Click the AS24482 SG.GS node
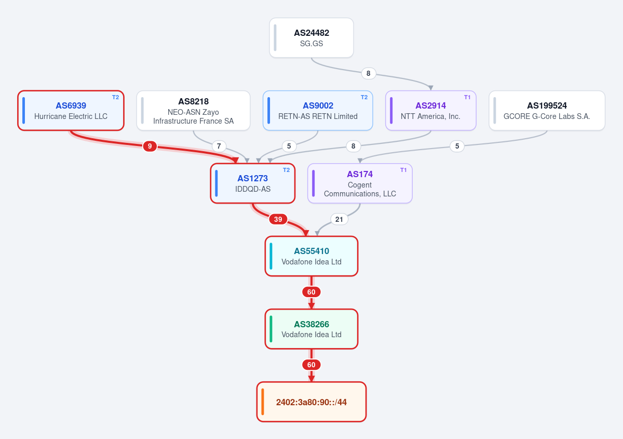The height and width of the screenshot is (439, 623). point(311,38)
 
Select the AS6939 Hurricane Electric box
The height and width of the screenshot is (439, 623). point(71,110)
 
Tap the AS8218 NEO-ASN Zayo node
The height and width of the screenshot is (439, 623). point(193,110)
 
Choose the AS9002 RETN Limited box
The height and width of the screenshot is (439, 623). point(318,110)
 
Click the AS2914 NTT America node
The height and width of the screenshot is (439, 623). point(430,110)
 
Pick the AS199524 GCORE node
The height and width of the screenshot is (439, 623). point(547,110)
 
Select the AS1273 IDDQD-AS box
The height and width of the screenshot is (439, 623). point(252,183)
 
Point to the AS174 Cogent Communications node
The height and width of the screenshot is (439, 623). point(360,183)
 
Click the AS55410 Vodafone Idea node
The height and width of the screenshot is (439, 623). point(311,256)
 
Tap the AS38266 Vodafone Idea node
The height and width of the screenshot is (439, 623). point(311,329)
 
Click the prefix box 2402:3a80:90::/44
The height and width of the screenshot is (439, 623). point(311,402)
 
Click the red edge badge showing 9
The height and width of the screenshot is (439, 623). point(150,146)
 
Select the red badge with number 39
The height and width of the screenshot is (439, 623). point(278,219)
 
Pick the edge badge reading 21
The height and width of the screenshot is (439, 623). point(339,219)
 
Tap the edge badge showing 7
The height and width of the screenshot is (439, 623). point(219,146)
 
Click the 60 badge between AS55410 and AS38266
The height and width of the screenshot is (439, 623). point(311,292)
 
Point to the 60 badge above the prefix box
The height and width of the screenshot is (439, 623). point(311,365)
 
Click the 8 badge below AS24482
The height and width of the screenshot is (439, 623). point(369,73)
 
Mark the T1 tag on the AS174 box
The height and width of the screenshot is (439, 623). point(403,170)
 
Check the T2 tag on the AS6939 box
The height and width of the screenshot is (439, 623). point(115,97)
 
